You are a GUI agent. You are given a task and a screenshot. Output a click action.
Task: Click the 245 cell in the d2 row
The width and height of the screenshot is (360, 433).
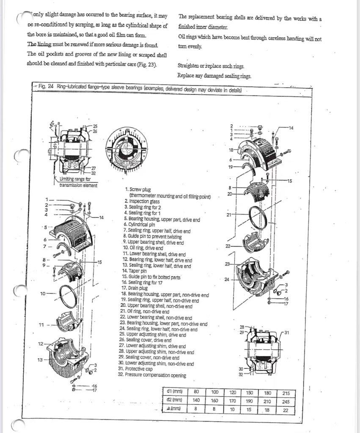[x=286, y=401]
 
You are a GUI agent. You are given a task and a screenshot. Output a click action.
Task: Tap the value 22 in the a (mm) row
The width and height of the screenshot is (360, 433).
[x=286, y=410]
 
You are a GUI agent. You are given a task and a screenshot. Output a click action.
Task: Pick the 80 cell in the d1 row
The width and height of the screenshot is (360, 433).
[x=196, y=392]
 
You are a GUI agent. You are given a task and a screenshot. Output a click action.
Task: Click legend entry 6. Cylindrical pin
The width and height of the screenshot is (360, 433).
[x=140, y=225]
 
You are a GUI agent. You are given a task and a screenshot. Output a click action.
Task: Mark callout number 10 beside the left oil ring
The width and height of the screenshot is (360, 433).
[x=43, y=293]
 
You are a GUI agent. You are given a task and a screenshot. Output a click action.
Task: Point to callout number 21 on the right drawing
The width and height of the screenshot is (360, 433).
[x=229, y=215]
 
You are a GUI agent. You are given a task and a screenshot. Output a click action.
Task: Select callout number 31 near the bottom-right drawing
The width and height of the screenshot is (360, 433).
[x=288, y=332]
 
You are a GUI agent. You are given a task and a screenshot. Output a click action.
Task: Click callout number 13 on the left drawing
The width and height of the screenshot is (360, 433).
[x=40, y=360]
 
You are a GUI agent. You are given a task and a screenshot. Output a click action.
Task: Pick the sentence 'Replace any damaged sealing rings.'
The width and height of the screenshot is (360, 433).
[x=214, y=76]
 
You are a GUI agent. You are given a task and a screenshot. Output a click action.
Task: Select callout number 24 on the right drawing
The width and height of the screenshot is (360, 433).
[x=227, y=280]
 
